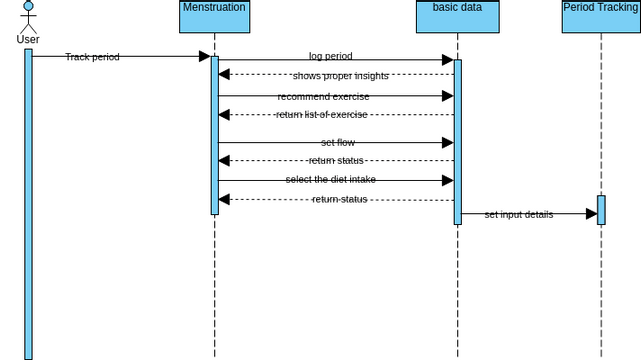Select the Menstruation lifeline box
click(x=214, y=17)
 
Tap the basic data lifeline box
click(x=457, y=17)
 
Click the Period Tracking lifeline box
click(x=600, y=17)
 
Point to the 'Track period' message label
click(x=92, y=57)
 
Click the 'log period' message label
click(x=330, y=57)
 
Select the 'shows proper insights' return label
click(x=340, y=76)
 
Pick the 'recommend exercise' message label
click(x=323, y=97)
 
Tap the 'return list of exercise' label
click(x=322, y=115)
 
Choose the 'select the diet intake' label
click(x=330, y=180)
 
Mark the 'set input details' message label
click(x=518, y=214)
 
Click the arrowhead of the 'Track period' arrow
click(x=204, y=56)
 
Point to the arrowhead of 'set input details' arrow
click(x=591, y=214)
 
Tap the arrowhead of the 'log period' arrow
click(x=447, y=60)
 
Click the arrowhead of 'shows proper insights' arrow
click(x=225, y=75)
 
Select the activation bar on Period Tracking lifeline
click(x=601, y=210)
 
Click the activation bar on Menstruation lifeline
click(x=214, y=135)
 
